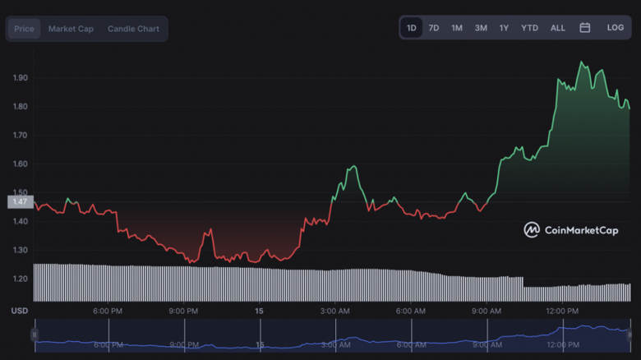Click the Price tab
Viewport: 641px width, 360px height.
point(24,29)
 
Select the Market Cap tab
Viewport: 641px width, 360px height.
point(71,29)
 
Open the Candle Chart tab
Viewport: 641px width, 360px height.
point(133,29)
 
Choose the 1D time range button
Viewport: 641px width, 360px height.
point(411,28)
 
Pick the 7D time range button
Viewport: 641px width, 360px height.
point(434,28)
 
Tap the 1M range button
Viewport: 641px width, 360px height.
point(457,28)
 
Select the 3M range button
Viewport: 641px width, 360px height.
point(481,28)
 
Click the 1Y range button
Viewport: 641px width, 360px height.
point(504,28)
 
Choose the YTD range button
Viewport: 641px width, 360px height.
point(530,28)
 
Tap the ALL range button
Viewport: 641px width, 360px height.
point(558,28)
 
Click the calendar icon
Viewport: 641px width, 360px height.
point(585,28)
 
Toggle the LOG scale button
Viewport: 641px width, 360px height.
point(616,28)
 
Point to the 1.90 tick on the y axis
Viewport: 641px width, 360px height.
point(21,78)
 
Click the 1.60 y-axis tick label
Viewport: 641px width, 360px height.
point(21,164)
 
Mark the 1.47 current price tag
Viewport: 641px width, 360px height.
point(20,201)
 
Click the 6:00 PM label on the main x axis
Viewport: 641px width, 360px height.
point(108,312)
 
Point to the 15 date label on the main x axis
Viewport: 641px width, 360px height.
point(260,312)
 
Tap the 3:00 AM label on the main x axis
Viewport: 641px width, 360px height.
point(335,312)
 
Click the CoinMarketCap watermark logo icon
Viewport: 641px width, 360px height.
point(532,230)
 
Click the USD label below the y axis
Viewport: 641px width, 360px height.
point(19,312)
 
